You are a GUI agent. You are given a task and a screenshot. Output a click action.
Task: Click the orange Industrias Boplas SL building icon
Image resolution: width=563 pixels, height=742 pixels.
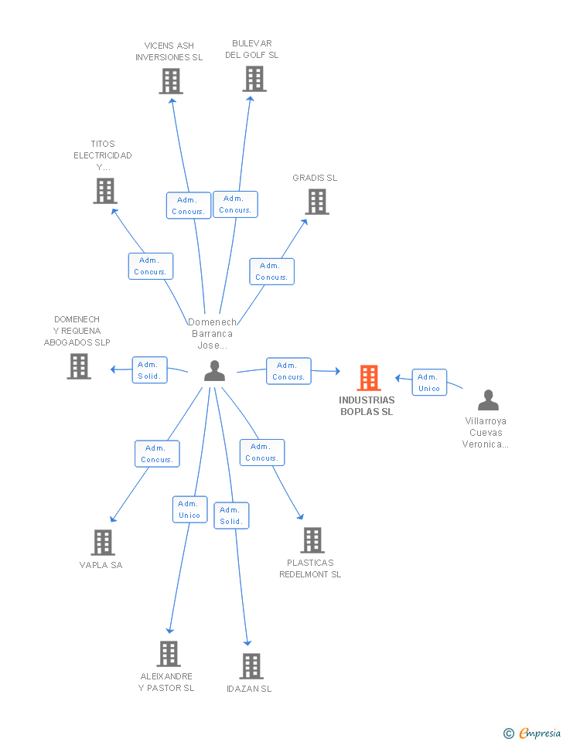coord(369,378)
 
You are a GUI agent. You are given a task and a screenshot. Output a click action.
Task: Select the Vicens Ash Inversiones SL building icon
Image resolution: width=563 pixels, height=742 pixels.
coord(171,81)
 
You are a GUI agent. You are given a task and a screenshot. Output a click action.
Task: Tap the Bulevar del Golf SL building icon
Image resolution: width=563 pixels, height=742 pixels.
coord(254,79)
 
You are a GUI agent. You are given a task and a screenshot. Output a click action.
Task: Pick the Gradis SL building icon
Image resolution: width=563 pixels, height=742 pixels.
coord(317,202)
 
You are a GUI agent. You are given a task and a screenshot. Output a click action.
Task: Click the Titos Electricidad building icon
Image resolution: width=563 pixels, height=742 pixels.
coord(105,191)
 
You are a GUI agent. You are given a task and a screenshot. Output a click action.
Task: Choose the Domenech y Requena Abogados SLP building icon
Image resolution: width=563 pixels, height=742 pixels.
coord(79,366)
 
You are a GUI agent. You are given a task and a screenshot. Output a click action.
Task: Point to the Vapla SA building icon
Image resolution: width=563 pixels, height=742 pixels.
coord(103,543)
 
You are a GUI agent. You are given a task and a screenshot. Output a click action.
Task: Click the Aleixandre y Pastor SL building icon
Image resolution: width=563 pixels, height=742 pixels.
coord(169,654)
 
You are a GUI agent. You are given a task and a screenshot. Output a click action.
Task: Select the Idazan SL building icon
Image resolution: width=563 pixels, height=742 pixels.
coord(251,666)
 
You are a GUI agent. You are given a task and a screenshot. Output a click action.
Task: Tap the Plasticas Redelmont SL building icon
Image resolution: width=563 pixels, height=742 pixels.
coord(312,540)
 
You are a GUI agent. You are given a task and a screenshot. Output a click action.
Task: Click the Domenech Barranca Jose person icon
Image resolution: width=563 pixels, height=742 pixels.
coord(214,371)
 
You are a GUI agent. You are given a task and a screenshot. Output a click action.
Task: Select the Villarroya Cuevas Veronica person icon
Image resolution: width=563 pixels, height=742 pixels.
coord(488,400)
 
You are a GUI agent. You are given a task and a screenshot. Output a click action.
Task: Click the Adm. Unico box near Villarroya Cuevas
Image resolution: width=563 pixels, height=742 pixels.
coord(429,383)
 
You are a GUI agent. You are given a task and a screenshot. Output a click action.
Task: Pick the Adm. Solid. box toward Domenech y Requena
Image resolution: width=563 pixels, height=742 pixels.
coord(149,370)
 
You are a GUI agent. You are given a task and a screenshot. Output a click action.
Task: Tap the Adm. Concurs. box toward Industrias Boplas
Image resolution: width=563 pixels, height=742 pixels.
coord(288,371)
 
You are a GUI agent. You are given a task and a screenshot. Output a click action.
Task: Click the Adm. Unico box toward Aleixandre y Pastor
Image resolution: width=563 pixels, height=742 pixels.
coord(189,509)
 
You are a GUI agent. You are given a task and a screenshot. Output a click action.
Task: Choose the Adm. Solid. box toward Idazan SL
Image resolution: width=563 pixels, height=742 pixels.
coord(231,516)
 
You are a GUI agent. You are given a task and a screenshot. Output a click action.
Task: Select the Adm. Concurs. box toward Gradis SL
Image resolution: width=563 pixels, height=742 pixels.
coord(271,271)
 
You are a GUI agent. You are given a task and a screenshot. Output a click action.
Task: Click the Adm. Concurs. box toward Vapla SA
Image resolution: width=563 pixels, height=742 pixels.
coord(157,454)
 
